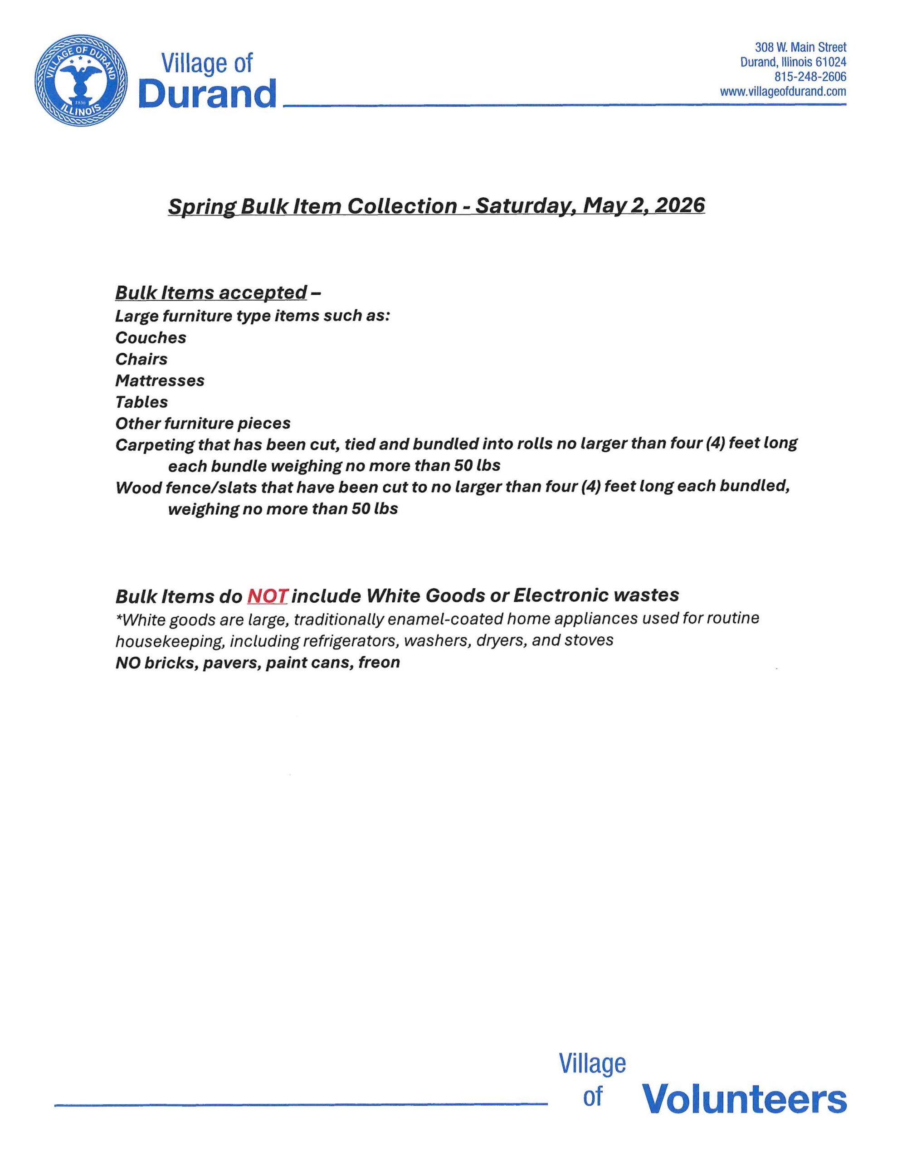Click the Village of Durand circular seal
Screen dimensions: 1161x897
point(81,80)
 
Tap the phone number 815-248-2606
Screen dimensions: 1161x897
point(810,77)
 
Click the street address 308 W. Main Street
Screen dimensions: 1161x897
point(800,47)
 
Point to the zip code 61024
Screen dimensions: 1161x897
point(830,62)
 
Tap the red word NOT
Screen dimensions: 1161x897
point(267,596)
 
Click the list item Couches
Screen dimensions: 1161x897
point(151,337)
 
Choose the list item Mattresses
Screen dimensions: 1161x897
point(160,380)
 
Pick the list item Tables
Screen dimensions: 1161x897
point(141,402)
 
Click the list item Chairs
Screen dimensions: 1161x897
point(141,359)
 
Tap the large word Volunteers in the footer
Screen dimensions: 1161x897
point(744,1098)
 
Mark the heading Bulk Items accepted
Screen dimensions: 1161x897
point(211,293)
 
